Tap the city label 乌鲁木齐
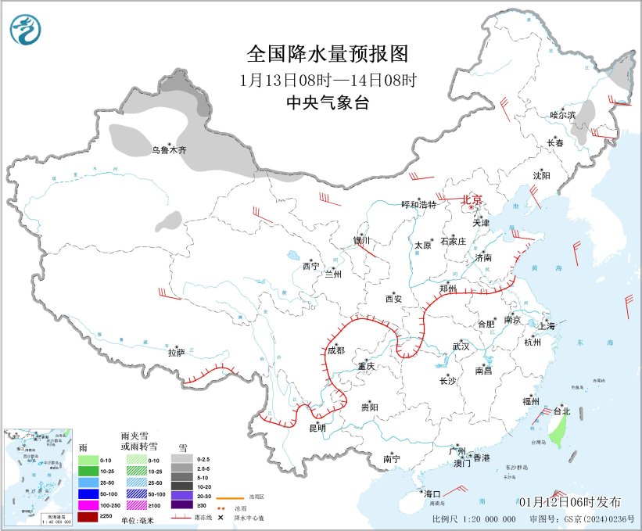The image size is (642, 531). point(169,149)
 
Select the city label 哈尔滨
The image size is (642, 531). point(561,114)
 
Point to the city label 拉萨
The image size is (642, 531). point(177,352)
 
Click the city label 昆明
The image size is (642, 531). point(317,428)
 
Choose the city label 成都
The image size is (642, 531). point(336,350)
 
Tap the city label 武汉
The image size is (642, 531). point(461,346)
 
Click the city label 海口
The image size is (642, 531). point(432,494)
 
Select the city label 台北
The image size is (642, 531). point(561,410)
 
